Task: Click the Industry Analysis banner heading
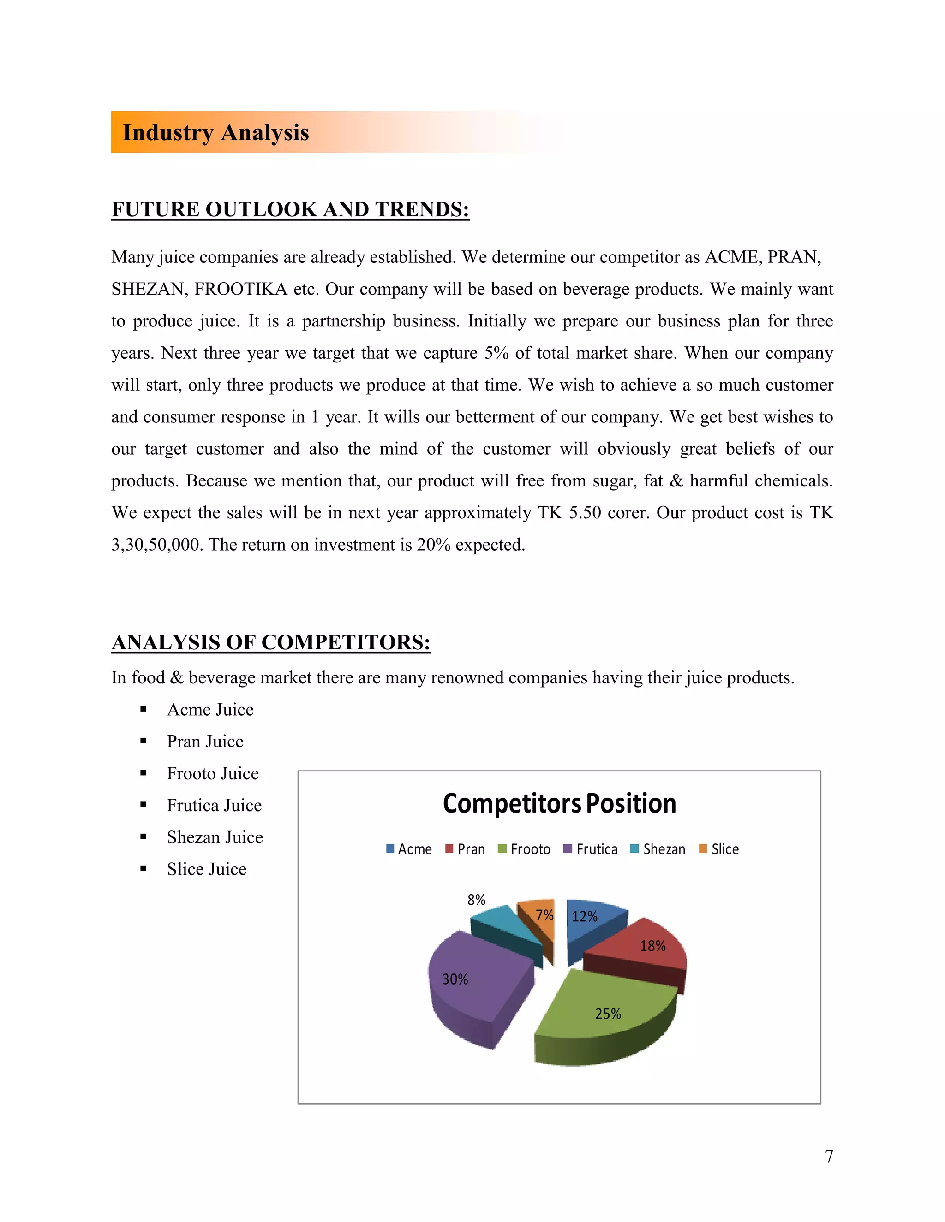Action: click(215, 133)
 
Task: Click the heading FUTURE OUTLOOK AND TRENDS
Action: click(290, 209)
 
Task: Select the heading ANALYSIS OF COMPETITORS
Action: click(271, 642)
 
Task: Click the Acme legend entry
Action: click(409, 849)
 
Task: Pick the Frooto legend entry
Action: click(524, 849)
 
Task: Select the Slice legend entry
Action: click(719, 849)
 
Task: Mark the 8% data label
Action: click(476, 900)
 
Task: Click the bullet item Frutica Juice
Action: click(215, 805)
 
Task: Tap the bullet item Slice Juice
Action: click(207, 869)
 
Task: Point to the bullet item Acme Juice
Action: click(210, 710)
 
